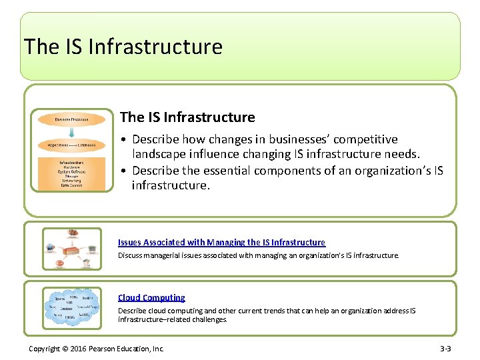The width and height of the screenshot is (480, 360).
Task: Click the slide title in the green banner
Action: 123,47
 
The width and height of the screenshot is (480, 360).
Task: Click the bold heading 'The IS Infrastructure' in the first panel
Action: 187,117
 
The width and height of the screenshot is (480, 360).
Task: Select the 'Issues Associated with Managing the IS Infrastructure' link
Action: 221,243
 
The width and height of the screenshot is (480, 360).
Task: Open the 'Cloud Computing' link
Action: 151,298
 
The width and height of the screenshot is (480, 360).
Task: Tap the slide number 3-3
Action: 445,348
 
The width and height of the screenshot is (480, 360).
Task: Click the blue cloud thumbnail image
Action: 72,307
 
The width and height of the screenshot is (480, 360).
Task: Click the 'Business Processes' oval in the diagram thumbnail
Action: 72,119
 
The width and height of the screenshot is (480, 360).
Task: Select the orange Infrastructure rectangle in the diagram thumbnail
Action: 72,174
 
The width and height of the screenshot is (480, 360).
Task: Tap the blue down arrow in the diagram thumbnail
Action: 72,132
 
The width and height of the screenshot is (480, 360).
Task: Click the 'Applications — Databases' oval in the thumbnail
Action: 72,144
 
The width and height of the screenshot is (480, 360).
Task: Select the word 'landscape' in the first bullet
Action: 159,155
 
